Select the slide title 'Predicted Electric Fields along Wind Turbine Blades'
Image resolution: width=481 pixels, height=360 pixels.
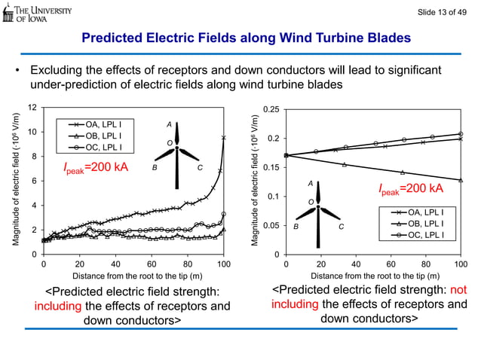click(246, 38)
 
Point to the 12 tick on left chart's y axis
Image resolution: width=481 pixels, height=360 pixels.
click(32, 108)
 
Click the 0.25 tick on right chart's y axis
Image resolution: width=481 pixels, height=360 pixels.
click(271, 110)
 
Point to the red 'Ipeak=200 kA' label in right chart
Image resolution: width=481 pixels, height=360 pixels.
click(410, 188)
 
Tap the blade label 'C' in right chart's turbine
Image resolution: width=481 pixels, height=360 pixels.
click(342, 226)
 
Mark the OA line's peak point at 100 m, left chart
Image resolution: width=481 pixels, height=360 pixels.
click(224, 137)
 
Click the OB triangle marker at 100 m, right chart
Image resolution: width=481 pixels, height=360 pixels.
click(460, 180)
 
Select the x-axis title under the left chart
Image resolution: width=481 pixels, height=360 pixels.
click(133, 276)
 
